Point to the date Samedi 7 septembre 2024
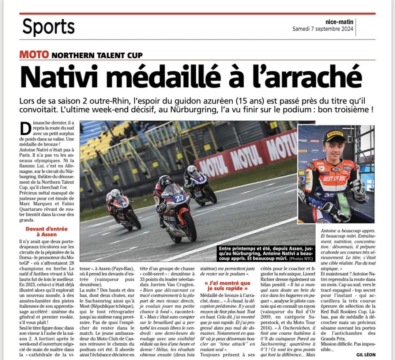[323, 29]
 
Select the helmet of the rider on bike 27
[166, 182]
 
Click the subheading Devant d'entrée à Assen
[46, 232]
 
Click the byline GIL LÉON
[365, 355]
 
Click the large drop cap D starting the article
[25, 129]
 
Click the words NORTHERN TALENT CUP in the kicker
[97, 56]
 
